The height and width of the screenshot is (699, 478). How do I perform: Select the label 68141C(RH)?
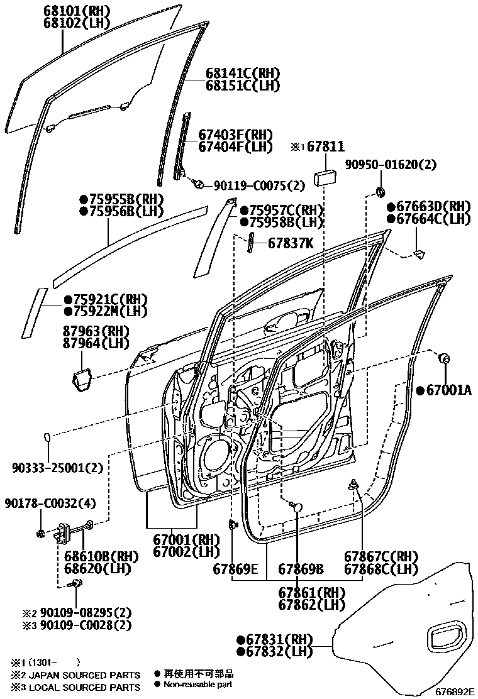[243, 74]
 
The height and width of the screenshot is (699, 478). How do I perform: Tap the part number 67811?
[326, 146]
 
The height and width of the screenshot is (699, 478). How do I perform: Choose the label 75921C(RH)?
[105, 299]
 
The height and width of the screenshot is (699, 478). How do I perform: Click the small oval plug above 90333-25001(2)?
[48, 436]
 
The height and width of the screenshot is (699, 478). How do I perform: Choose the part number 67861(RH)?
[312, 593]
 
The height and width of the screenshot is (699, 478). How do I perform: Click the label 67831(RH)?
[275, 639]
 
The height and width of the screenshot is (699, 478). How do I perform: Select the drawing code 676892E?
[454, 691]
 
